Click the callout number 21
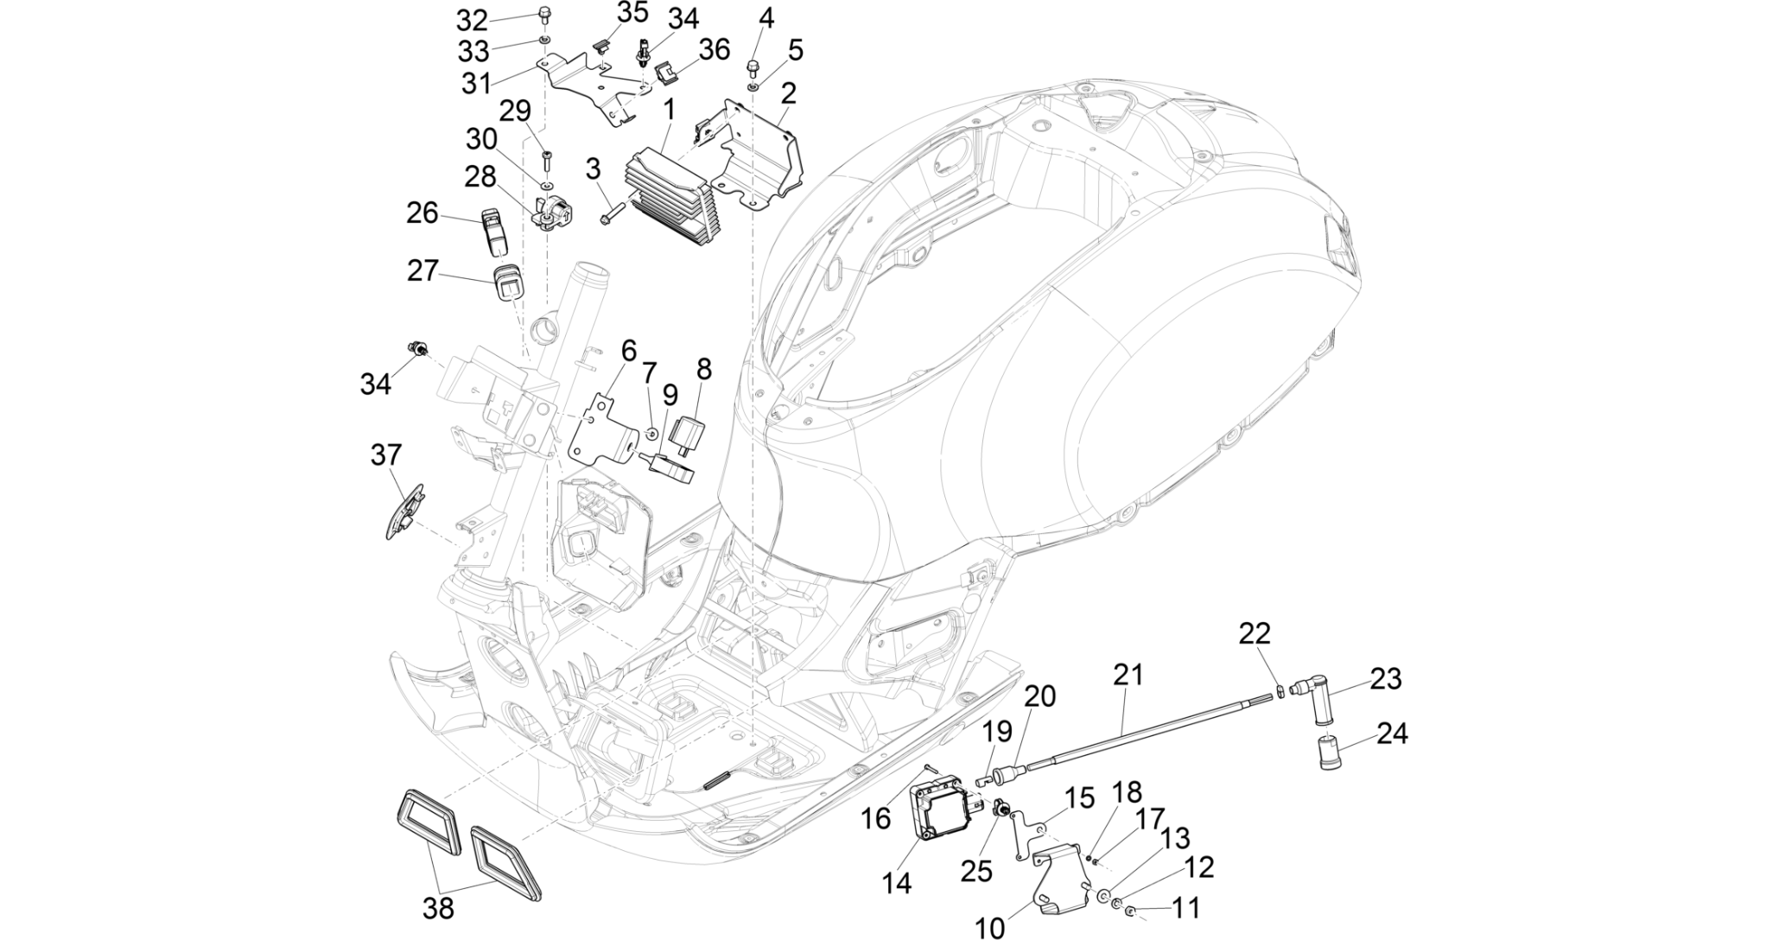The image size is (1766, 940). (1128, 675)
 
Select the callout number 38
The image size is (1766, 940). (439, 908)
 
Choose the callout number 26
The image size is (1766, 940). (422, 213)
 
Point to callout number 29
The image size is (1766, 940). (515, 111)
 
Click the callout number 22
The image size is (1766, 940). (1255, 634)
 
